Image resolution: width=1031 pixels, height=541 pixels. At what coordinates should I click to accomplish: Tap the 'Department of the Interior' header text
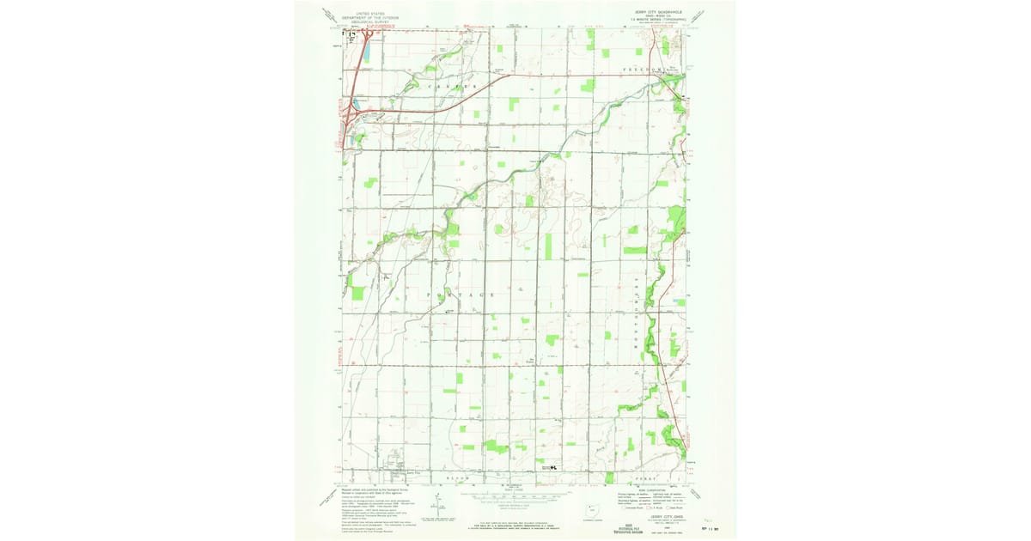click(370, 17)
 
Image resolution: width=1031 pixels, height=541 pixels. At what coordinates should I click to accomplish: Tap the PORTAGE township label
click(461, 295)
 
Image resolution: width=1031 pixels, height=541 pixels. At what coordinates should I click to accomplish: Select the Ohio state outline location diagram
click(589, 510)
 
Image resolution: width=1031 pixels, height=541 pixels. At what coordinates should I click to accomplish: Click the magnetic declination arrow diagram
click(436, 506)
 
